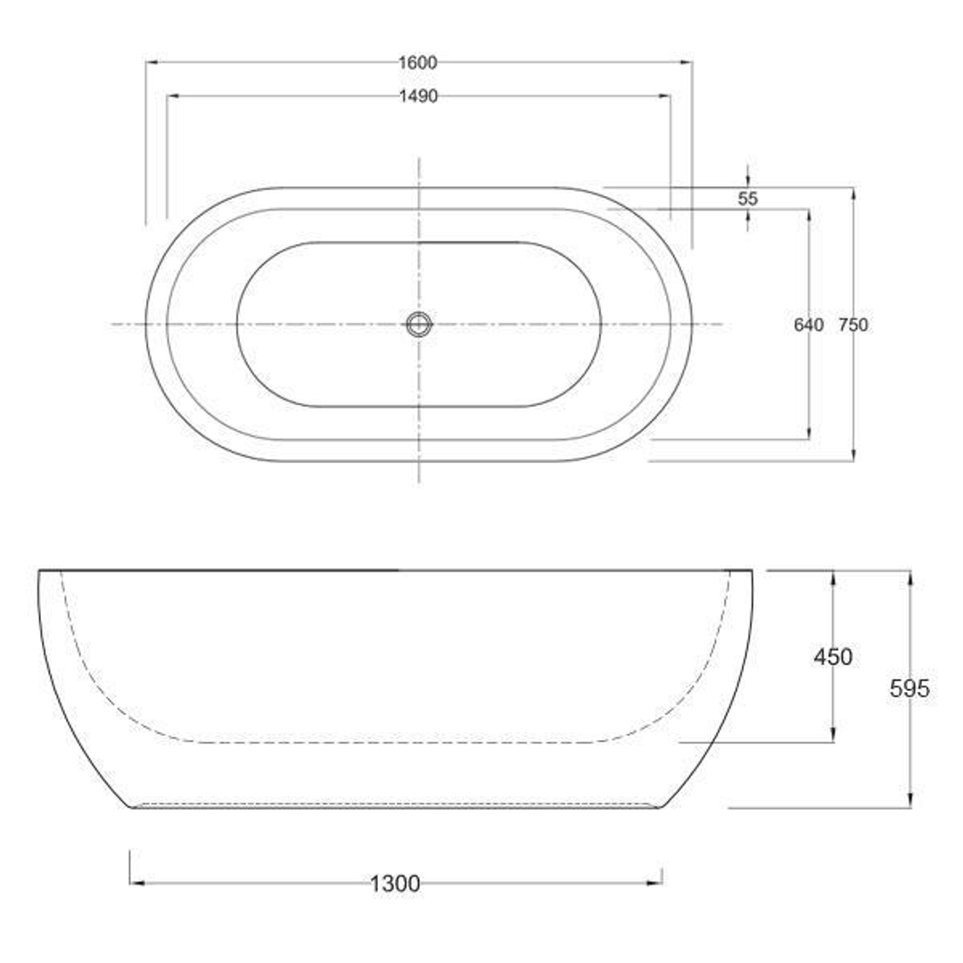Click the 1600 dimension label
[418, 62]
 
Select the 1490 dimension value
[418, 96]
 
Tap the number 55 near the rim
[748, 199]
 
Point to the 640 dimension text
[808, 325]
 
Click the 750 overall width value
[852, 325]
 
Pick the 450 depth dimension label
[833, 657]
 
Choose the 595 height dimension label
[909, 688]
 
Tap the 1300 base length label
[395, 884]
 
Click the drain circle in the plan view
[418, 324]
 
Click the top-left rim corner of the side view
[39, 571]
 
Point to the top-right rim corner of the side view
[751, 571]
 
